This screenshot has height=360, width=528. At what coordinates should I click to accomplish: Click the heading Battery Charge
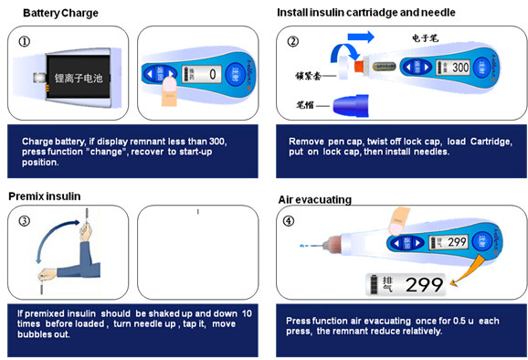click(x=60, y=13)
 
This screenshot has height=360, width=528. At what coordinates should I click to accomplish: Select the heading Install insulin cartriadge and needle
click(x=365, y=13)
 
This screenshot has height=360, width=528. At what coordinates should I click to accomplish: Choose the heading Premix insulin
click(x=45, y=196)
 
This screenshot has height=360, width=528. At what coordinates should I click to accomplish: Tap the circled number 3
click(x=24, y=220)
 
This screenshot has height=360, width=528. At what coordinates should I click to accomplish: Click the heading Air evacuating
click(x=314, y=199)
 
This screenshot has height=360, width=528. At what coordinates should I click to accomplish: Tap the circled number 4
click(x=290, y=220)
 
